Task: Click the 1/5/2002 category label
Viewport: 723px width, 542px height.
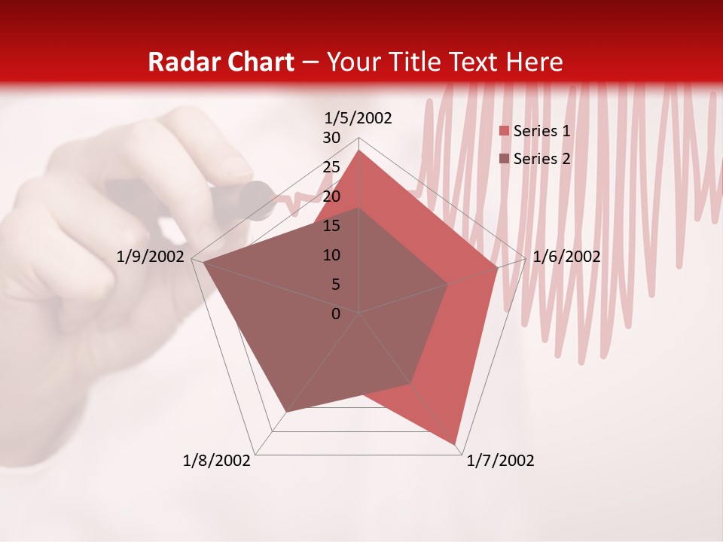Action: [x=358, y=118]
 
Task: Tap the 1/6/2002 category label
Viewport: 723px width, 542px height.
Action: [x=566, y=257]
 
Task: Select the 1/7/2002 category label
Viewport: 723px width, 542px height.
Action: [x=500, y=461]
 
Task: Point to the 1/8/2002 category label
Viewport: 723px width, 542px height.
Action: [x=217, y=461]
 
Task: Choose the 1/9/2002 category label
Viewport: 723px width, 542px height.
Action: [x=151, y=257]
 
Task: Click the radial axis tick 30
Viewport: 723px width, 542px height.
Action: [x=331, y=138]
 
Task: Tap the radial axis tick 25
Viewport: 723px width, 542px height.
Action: [x=331, y=167]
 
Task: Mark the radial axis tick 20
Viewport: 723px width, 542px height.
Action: [x=331, y=196]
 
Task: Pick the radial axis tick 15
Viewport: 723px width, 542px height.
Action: [x=331, y=226]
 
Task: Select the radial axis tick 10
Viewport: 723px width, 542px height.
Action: [x=331, y=255]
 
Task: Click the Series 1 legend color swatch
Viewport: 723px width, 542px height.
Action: [x=505, y=132]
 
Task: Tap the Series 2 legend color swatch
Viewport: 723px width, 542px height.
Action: [x=505, y=159]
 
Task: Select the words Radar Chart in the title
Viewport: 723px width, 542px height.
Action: [x=220, y=62]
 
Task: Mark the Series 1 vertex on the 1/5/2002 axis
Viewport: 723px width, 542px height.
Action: [x=359, y=151]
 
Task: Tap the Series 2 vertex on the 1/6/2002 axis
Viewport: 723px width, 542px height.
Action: [x=448, y=285]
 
